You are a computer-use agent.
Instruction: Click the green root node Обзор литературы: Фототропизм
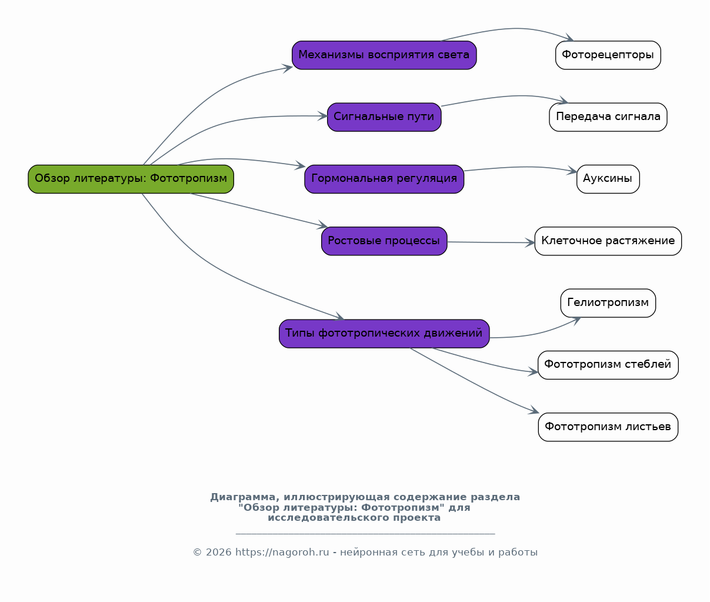[x=131, y=179]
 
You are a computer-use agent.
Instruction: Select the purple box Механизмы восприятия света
[x=384, y=55]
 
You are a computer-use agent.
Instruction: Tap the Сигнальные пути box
[x=384, y=117]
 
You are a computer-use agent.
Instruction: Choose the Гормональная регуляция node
[x=384, y=179]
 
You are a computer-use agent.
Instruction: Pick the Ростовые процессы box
[x=384, y=241]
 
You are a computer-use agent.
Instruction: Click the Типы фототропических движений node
[x=384, y=334]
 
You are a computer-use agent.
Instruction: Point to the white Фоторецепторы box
[x=608, y=55]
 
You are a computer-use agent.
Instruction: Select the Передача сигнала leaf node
[x=608, y=117]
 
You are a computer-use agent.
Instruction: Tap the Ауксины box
[x=608, y=179]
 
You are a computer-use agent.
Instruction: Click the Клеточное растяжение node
[x=608, y=241]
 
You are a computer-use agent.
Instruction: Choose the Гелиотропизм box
[x=608, y=303]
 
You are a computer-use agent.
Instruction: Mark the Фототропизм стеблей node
[x=608, y=365]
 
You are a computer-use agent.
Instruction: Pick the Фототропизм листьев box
[x=608, y=427]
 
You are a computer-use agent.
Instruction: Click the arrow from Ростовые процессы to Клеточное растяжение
[x=491, y=242]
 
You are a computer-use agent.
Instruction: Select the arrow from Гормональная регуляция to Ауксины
[x=521, y=167]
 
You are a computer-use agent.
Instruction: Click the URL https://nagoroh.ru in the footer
[x=282, y=552]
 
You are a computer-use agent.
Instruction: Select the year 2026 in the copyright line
[x=218, y=552]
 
